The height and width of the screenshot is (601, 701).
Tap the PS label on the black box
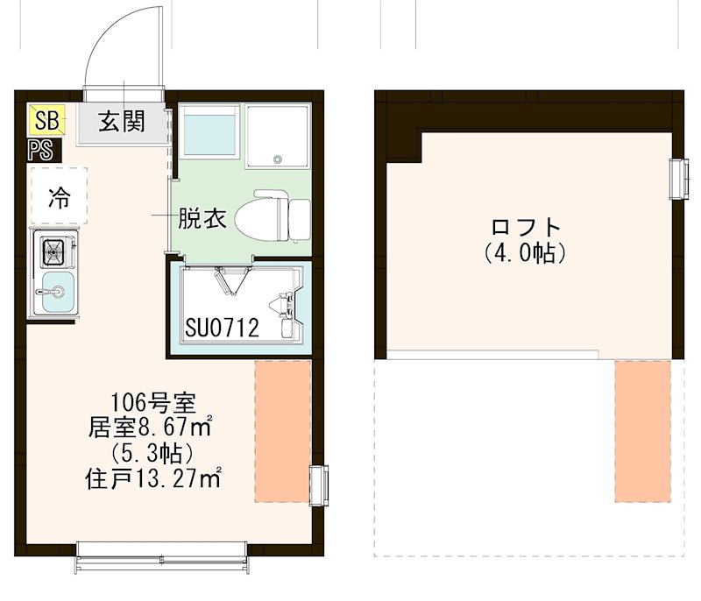(x=40, y=149)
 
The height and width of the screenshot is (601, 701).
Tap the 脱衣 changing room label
(x=202, y=218)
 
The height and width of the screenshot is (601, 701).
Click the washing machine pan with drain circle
(x=277, y=137)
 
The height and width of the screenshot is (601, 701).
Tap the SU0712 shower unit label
(x=223, y=329)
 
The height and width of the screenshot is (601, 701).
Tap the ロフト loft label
(x=526, y=228)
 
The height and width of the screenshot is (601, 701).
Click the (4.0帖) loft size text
(x=526, y=254)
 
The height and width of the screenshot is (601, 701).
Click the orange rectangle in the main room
(x=282, y=430)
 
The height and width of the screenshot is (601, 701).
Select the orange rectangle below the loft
(x=642, y=430)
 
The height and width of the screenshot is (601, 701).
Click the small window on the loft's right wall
(x=676, y=179)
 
